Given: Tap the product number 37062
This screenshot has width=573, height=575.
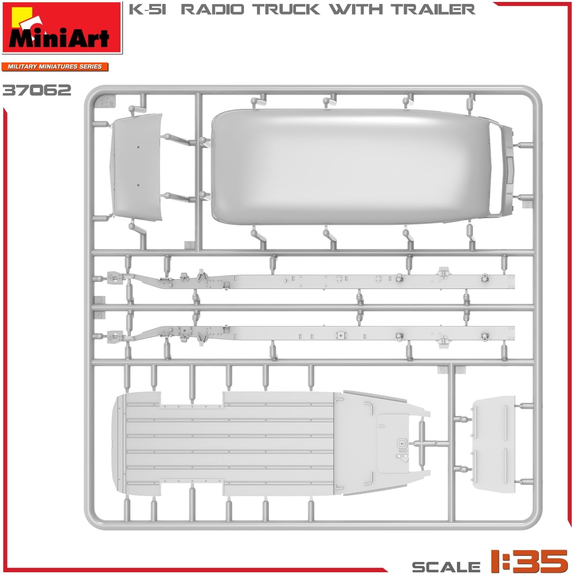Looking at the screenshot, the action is pos(37,90).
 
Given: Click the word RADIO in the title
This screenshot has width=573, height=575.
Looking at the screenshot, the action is pos(212,9).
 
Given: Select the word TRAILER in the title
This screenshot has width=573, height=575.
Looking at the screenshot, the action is pos(434,9).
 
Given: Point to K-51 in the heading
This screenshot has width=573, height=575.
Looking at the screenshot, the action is pos(147,9).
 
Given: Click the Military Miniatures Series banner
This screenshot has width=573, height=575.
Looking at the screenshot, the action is pos(55,66).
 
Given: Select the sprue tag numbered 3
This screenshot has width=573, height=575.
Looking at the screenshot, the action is pos(99,300).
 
